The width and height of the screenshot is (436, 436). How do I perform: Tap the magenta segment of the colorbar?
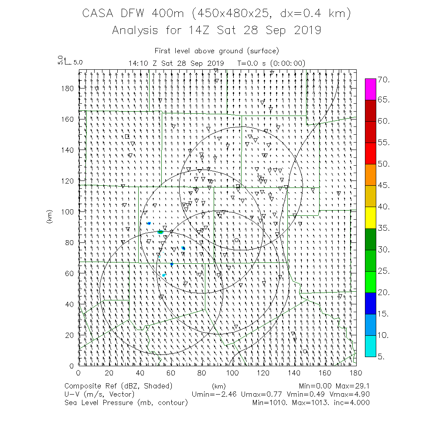(371, 89)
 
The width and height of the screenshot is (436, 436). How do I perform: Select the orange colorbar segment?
(371, 175)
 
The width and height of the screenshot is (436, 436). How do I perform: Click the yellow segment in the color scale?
(371, 218)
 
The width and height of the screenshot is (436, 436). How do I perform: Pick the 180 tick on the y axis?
(69, 88)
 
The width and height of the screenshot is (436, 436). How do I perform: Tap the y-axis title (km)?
(49, 217)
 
